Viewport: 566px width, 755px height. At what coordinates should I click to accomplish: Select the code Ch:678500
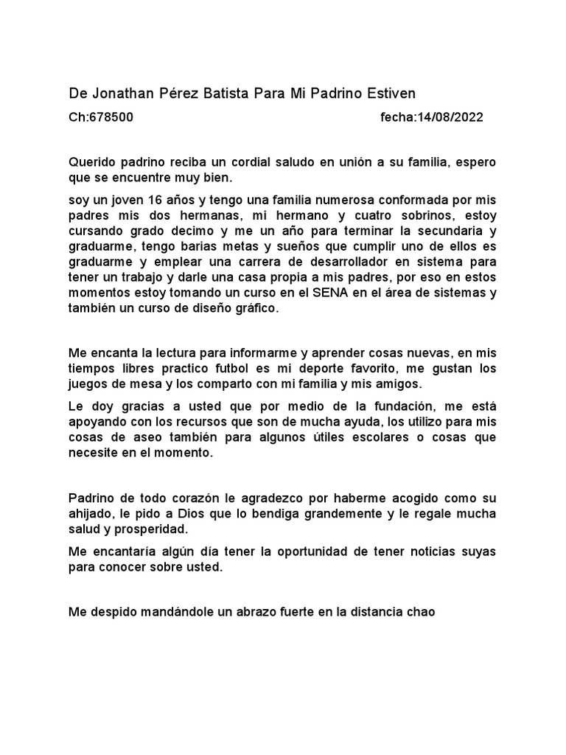pos(101,117)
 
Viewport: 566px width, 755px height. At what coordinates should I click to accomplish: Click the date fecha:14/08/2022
pos(432,117)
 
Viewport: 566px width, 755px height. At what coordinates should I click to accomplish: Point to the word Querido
pos(91,161)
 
